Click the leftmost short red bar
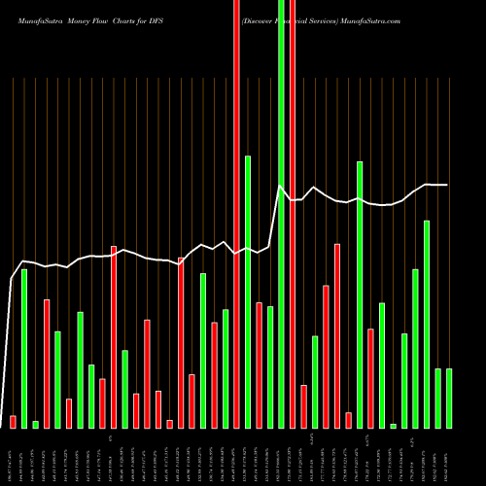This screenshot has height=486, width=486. coord(14,422)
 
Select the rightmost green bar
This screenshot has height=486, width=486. coord(449,399)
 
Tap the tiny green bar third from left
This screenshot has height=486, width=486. coord(35,425)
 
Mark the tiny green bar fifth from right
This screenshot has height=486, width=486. coord(394,426)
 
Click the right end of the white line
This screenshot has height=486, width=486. coord(448,185)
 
